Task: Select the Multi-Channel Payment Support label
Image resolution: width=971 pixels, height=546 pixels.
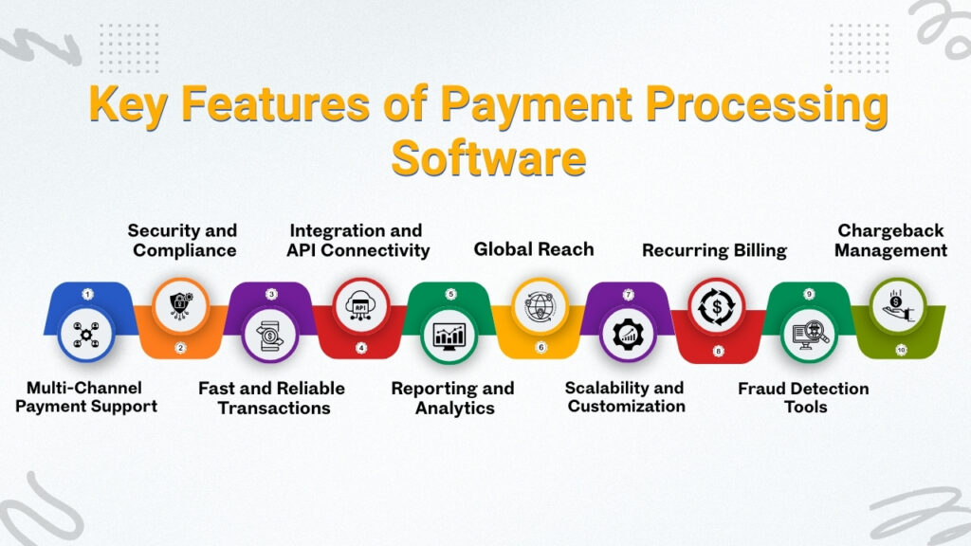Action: (92, 397)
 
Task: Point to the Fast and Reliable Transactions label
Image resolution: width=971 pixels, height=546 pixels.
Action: (271, 398)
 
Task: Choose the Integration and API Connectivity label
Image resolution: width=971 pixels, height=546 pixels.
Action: (357, 241)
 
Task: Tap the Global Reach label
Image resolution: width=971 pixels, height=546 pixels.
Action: (534, 249)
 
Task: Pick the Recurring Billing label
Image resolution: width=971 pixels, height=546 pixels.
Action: (714, 250)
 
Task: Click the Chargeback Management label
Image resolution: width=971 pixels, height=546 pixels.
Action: (891, 241)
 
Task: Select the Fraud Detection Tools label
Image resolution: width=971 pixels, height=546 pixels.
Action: (803, 398)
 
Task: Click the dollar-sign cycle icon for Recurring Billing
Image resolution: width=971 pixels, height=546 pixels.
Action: (716, 305)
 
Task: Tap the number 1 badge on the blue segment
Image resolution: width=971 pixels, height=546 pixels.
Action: (87, 294)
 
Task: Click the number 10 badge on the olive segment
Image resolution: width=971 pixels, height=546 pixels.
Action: (900, 349)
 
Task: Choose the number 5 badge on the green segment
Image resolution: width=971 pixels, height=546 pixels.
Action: (451, 294)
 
